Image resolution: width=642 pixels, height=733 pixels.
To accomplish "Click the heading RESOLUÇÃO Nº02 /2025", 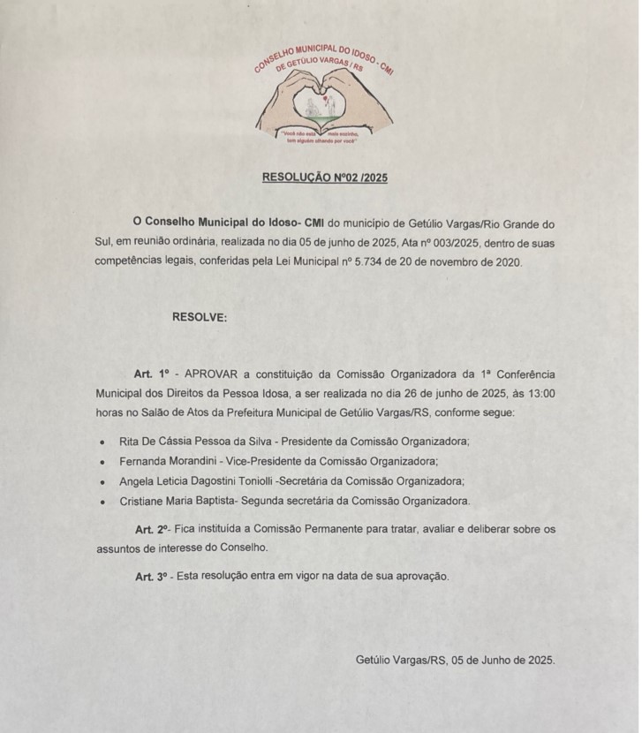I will pos(324,178).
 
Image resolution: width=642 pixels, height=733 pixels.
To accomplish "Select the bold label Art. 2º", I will pos(151,529).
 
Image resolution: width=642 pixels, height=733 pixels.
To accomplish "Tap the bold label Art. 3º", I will pos(151,576).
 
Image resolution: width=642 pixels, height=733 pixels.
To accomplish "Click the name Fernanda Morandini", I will pos(170,461).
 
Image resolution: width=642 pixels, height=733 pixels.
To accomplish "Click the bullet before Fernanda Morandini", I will pos(102,462).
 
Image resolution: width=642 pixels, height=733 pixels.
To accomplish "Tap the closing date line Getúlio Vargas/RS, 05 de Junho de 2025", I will pos(455,660).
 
